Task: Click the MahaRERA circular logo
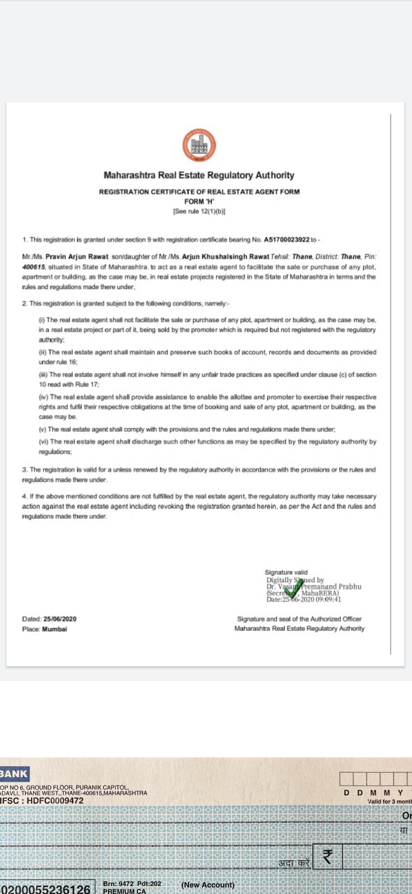point(199,145)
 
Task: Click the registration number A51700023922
point(286,240)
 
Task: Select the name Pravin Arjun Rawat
point(77,257)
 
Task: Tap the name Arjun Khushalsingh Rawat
point(225,257)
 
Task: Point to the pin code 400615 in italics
point(34,267)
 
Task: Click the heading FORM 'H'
point(199,201)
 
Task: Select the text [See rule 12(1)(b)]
point(199,211)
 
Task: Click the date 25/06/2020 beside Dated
point(60,619)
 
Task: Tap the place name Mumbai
point(55,629)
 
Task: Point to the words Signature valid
point(286,572)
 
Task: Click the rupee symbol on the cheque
point(327,857)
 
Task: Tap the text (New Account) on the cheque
point(208,884)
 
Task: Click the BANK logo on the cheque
point(14,774)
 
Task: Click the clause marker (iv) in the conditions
point(43,397)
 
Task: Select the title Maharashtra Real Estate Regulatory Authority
point(199,175)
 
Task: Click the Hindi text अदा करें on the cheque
point(294,863)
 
